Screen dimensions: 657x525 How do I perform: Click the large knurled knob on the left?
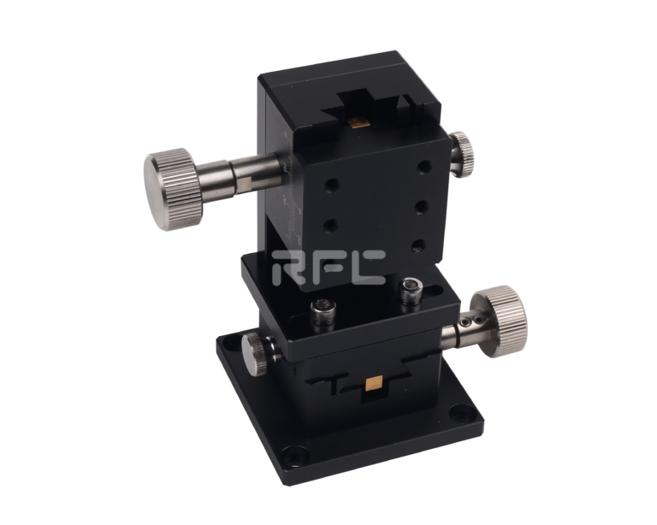tap(174, 189)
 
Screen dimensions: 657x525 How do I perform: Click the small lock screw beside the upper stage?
tap(462, 155)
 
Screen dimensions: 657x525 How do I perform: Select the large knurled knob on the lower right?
tap(500, 321)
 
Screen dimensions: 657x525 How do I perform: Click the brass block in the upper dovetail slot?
tap(359, 121)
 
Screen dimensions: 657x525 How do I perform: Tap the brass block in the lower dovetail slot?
tap(375, 384)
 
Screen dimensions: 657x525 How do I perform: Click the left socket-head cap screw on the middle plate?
tap(323, 311)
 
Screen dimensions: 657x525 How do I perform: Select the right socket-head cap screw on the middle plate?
tap(411, 292)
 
